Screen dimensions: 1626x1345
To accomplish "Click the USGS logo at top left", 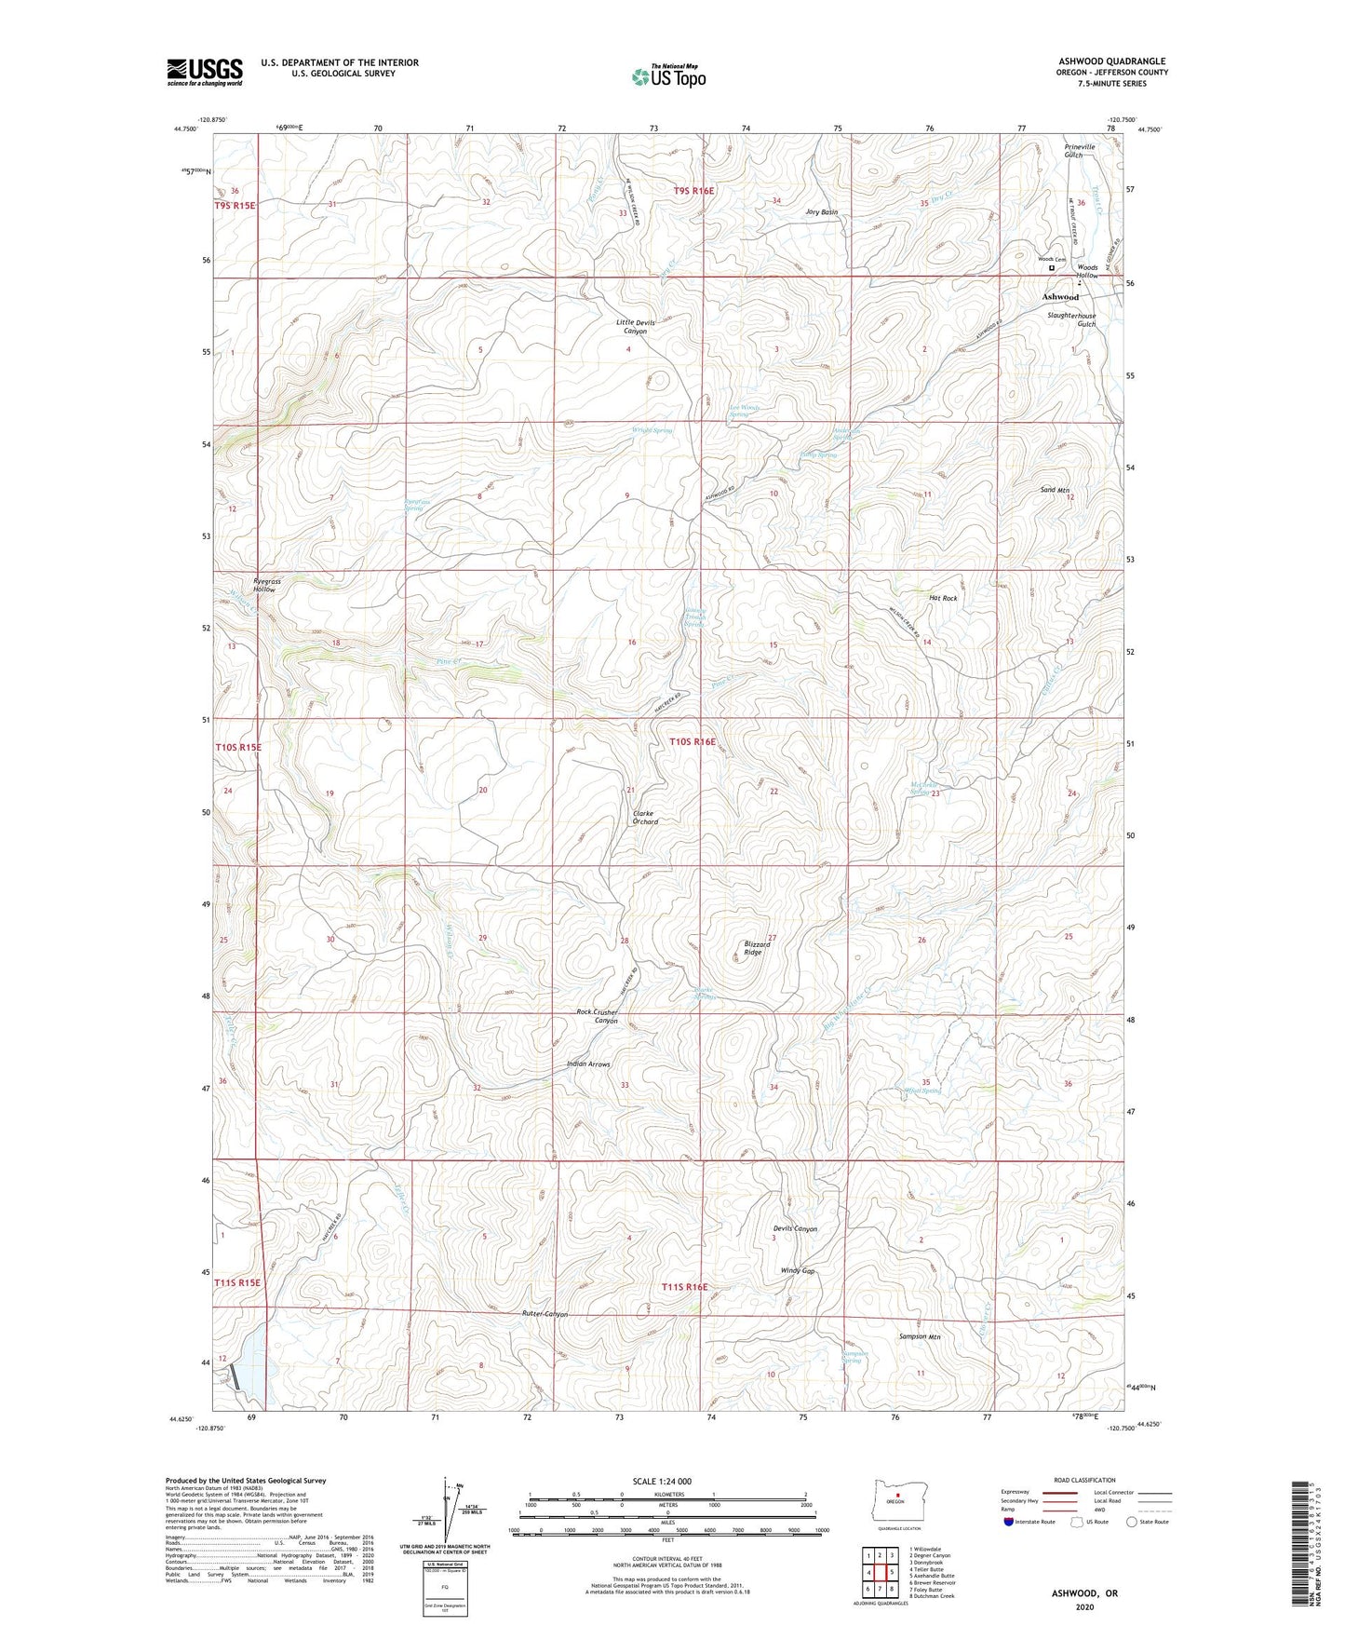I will point(204,72).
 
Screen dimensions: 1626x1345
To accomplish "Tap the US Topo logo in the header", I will point(668,77).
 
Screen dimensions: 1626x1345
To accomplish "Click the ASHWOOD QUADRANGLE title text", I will point(1111,61).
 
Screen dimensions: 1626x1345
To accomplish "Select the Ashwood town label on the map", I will point(1059,297).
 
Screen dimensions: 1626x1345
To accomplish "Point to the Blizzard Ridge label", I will point(757,948).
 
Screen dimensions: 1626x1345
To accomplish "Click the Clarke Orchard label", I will point(639,818).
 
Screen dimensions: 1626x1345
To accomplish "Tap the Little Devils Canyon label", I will point(636,327).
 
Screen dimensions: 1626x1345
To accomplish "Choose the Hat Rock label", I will point(942,598).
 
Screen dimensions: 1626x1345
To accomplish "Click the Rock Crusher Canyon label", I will point(597,1016).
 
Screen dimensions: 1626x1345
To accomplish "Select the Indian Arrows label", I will point(588,1064).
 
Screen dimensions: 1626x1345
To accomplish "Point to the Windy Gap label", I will point(798,1271).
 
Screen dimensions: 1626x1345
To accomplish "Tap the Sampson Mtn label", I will point(920,1336).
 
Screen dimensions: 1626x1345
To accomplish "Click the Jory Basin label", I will point(822,212).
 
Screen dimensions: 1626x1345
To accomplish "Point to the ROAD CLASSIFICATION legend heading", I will point(1085,1480).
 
